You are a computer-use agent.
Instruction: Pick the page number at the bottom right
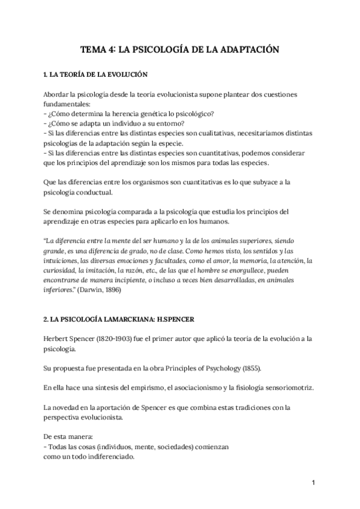pos(314,482)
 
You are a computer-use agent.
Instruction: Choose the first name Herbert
pos(58,338)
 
